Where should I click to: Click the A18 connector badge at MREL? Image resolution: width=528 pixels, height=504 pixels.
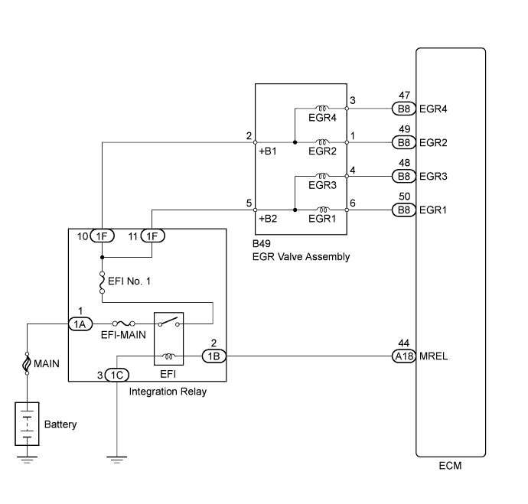coord(403,356)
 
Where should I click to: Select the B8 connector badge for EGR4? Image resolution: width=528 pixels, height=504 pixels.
coord(403,109)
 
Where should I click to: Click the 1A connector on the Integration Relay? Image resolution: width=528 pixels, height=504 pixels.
coord(80,324)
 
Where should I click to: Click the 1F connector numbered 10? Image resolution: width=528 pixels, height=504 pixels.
coord(103,236)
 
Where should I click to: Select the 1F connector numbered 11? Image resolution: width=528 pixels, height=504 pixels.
coord(153,236)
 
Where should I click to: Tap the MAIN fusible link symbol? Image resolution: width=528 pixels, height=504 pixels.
coord(28,363)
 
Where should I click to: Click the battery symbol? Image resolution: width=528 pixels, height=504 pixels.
coord(28,422)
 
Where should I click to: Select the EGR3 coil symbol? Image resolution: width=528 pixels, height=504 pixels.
coord(321,176)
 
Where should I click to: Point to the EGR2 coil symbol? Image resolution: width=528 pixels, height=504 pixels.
coord(321,142)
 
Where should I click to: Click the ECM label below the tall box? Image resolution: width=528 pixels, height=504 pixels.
coord(451,466)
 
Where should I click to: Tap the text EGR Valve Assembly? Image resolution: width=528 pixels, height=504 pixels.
coord(301,257)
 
